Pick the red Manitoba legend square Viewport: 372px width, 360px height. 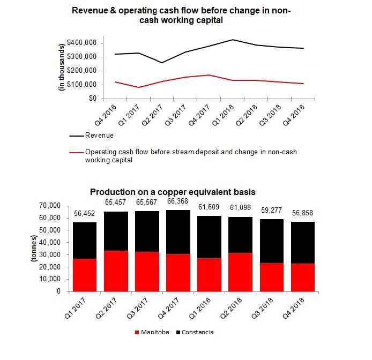pos(138,333)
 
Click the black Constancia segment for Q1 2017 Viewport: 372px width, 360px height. pos(85,241)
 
